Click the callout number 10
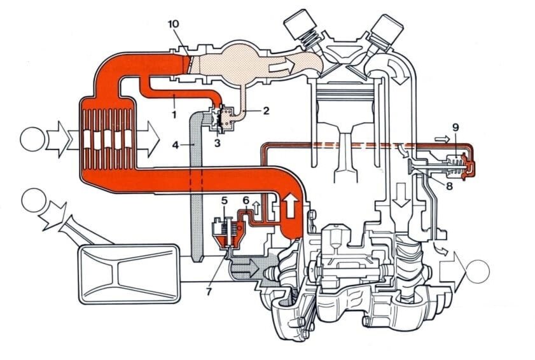tap(174, 24)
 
